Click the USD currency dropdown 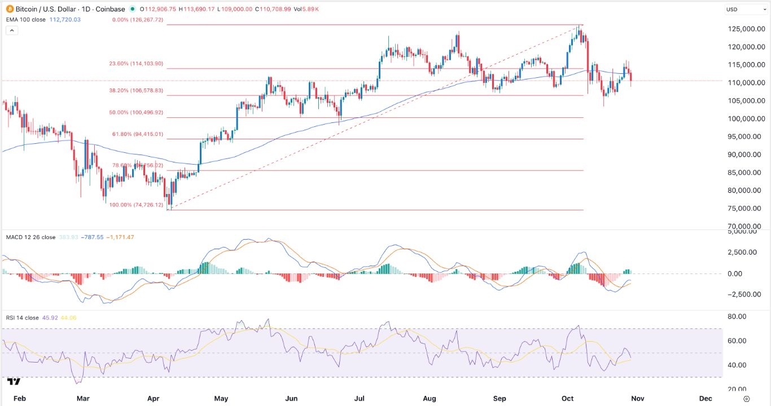[744, 9]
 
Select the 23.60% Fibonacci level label [136, 64]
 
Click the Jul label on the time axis [360, 398]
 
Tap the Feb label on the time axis [19, 398]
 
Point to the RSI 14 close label [22, 318]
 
